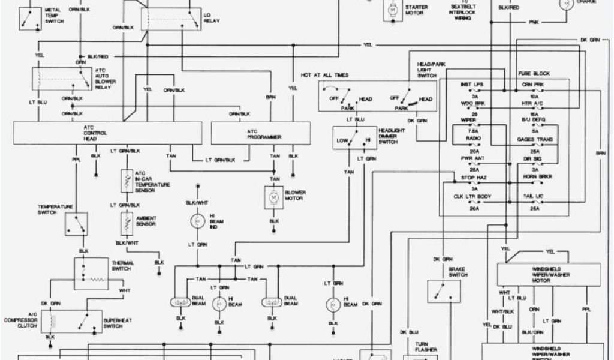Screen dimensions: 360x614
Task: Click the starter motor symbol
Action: tap(392, 9)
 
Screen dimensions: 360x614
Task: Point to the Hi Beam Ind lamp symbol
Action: tap(196, 221)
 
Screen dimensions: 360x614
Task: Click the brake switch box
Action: tap(444, 290)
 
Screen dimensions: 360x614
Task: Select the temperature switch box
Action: tap(76, 223)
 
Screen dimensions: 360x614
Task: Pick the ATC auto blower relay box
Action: tap(61, 79)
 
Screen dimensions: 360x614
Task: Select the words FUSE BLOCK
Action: tap(534, 73)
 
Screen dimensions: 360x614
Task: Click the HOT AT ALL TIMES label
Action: tap(324, 75)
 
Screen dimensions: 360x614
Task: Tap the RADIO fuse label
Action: tap(473, 138)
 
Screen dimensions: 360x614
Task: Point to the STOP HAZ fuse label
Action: tap(473, 178)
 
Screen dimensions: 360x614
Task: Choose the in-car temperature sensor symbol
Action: tap(126, 180)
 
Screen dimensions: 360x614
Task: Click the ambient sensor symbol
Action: tap(126, 223)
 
